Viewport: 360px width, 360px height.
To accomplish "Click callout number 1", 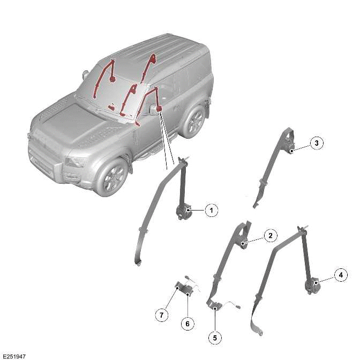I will (211, 211).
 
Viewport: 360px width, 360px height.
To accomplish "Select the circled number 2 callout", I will (271, 235).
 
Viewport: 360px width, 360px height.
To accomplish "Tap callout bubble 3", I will (317, 143).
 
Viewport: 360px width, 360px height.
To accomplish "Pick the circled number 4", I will (340, 275).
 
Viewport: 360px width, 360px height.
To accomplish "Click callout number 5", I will (215, 338).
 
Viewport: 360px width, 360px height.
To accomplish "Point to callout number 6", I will (187, 324).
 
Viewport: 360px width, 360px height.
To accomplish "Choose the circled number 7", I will (161, 315).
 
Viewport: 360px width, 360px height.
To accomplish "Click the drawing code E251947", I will (14, 355).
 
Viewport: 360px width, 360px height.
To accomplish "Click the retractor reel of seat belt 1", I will (183, 211).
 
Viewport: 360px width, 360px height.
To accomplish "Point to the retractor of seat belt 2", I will (244, 244).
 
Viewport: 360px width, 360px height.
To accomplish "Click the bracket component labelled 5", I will (214, 305).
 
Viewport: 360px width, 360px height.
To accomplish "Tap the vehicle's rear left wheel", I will (192, 121).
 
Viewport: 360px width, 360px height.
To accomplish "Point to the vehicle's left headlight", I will (77, 161).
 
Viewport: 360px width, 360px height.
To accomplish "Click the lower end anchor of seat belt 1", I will (138, 261).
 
